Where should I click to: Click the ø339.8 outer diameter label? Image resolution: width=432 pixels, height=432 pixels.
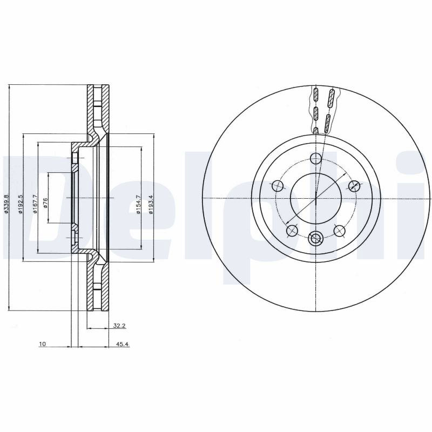pyautogui.click(x=6, y=204)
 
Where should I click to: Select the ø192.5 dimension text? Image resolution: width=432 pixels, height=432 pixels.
pyautogui.click(x=20, y=204)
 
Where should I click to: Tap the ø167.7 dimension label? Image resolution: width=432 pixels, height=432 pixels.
pyautogui.click(x=35, y=204)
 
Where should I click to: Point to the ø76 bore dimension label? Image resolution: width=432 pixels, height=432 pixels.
pyautogui.click(x=45, y=204)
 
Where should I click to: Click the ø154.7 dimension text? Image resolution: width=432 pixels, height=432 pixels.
pyautogui.click(x=138, y=204)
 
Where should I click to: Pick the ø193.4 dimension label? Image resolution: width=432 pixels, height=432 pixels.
pyautogui.click(x=151, y=204)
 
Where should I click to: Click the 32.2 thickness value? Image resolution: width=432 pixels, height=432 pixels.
pyautogui.click(x=119, y=326)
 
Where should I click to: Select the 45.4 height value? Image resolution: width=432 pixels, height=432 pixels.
pyautogui.click(x=123, y=344)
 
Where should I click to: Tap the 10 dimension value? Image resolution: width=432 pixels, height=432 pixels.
pyautogui.click(x=43, y=344)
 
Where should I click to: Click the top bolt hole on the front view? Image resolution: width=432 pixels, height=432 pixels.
pyautogui.click(x=316, y=158)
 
